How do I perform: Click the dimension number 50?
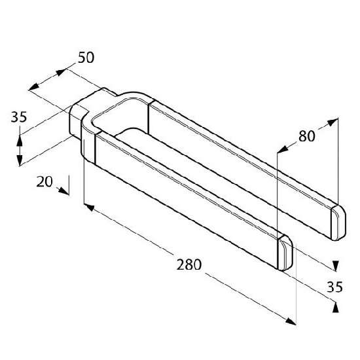[86, 58]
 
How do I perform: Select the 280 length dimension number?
[189, 264]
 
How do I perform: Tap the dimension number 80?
[307, 136]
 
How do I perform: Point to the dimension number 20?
[45, 181]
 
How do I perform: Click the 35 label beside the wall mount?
[19, 117]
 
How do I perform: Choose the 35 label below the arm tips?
[334, 287]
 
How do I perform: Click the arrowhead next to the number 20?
[63, 190]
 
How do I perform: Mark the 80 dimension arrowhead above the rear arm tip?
[333, 122]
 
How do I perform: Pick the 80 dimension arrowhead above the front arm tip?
[283, 149]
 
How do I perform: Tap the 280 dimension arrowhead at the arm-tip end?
[291, 321]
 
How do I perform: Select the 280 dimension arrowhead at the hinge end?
[90, 207]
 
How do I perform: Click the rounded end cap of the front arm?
[285, 253]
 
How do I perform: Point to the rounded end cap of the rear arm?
[338, 223]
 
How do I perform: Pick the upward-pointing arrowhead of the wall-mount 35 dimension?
[20, 141]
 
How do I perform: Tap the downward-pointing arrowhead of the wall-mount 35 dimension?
[20, 160]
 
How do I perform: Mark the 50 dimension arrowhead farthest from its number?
[34, 87]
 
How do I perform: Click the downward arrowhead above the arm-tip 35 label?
[335, 266]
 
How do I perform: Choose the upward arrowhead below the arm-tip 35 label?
[336, 307]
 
